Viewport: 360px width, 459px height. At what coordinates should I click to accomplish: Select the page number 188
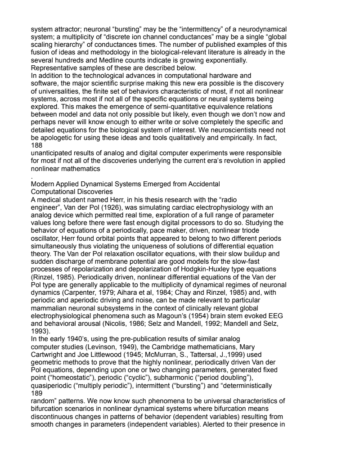point(36,146)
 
